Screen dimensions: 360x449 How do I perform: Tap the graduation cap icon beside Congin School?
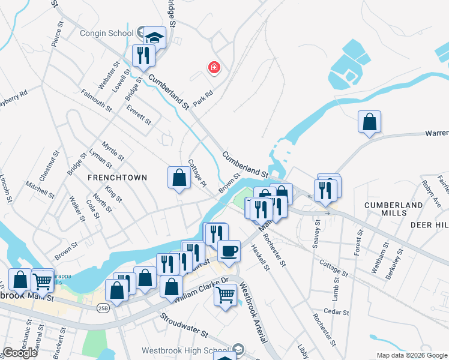(x=155, y=38)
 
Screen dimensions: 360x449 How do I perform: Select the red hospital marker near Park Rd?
(x=213, y=68)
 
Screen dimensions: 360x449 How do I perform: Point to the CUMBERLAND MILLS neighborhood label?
(x=394, y=205)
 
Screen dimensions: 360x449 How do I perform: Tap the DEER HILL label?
(x=429, y=224)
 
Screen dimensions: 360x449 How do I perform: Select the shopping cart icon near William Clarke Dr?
(x=225, y=295)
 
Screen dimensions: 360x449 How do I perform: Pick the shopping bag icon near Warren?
(x=370, y=122)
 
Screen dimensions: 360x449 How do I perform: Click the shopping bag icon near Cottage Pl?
(x=179, y=178)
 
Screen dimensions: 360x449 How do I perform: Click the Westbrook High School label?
(x=185, y=350)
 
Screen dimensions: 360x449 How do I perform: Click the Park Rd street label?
(x=204, y=99)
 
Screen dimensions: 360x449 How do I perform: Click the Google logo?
(x=20, y=353)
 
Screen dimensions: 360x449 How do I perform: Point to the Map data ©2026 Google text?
(x=412, y=355)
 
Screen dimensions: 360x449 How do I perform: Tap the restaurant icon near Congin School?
(x=143, y=56)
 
